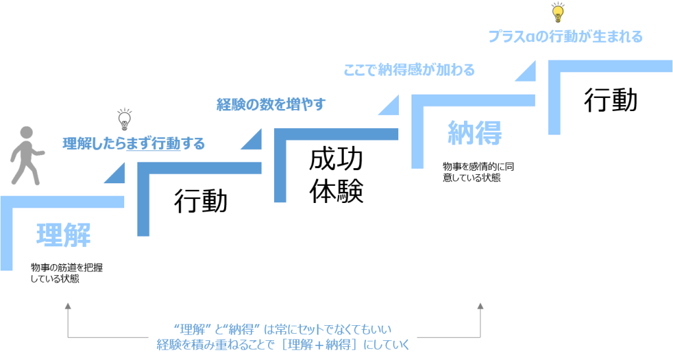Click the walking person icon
click(24, 155)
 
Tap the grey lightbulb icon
click(124, 119)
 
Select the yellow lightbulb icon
click(557, 12)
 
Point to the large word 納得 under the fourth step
click(475, 133)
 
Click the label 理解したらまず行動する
click(134, 143)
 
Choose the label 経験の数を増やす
click(271, 104)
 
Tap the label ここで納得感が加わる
click(409, 70)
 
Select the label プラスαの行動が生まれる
click(565, 36)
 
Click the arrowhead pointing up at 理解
click(68, 305)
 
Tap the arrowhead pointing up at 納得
click(480, 305)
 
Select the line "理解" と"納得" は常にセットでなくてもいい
click(283, 328)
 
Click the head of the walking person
click(27, 132)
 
